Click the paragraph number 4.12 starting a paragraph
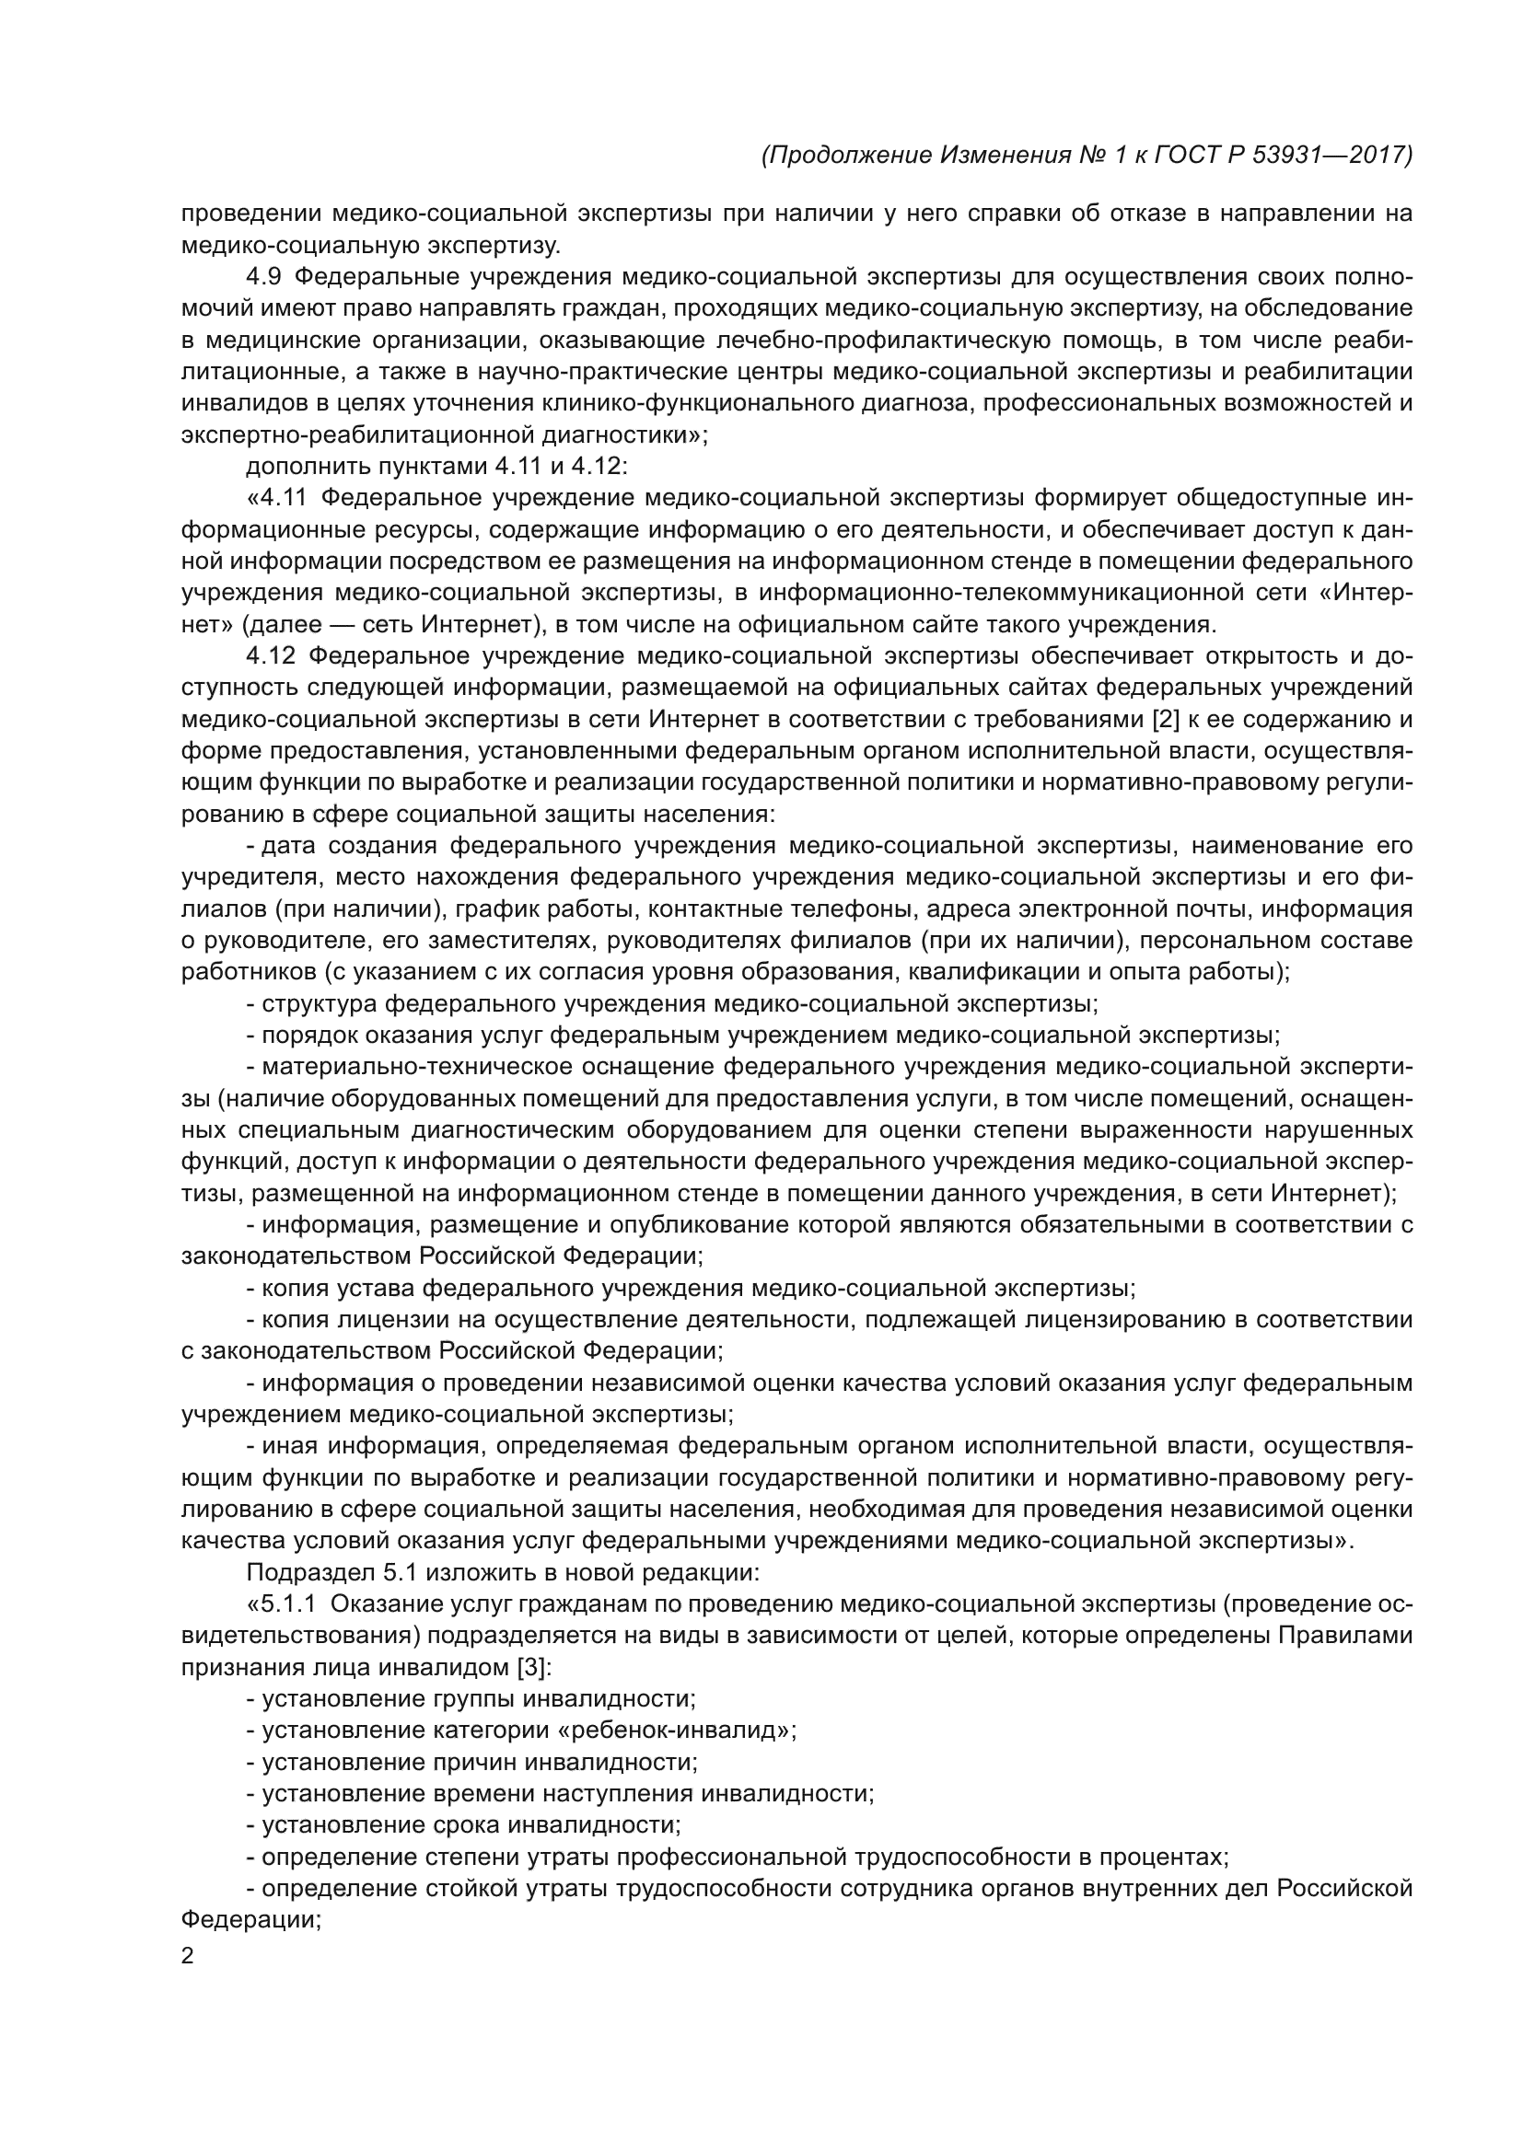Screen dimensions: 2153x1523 tap(269, 655)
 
